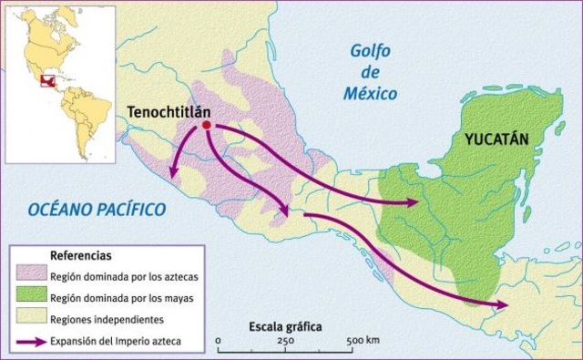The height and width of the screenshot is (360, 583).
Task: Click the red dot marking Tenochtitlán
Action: pyautogui.click(x=207, y=125)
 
